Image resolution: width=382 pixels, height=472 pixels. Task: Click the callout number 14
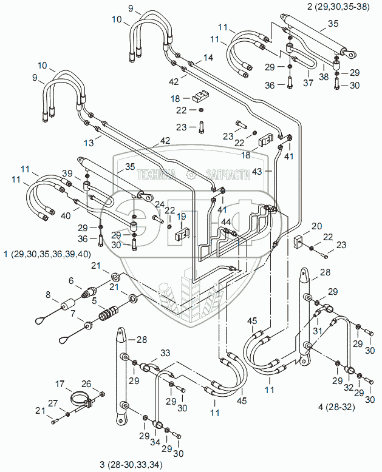[209, 58]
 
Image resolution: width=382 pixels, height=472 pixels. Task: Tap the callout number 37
[309, 83]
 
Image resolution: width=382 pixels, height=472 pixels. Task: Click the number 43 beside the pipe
[258, 172]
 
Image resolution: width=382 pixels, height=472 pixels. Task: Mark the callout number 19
[181, 217]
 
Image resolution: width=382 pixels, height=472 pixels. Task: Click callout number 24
[159, 204]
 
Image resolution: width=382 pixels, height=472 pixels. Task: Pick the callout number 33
[165, 354]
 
